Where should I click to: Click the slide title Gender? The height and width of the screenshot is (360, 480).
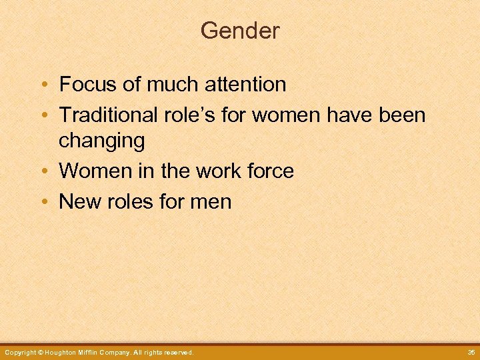point(240,31)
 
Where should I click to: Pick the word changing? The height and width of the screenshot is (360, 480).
point(101,141)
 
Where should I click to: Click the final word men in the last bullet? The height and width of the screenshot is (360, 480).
point(211,201)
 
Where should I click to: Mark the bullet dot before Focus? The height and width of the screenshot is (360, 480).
point(43,85)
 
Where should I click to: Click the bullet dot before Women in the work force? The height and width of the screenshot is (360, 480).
point(43,171)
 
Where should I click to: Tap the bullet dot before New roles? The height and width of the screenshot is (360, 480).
point(43,201)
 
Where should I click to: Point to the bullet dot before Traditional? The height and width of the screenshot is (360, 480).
point(43,115)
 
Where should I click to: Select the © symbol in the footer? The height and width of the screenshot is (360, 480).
point(40,352)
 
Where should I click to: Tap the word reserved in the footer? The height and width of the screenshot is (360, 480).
point(177,352)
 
